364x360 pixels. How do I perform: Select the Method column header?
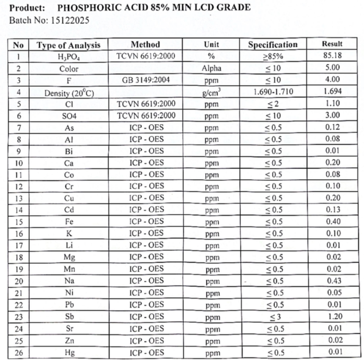point(145,44)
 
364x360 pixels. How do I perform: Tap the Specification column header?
point(273,44)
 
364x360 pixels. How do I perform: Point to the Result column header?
point(332,44)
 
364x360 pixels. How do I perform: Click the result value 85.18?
point(332,56)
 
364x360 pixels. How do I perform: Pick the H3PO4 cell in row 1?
point(68,57)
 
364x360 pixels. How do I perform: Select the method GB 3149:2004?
point(146,80)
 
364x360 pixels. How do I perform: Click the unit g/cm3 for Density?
point(211,92)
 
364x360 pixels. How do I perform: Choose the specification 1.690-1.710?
point(273,92)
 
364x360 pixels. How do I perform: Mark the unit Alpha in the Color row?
point(211,68)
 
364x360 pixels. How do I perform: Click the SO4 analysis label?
point(68,115)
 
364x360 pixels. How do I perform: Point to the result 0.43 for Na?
point(332,281)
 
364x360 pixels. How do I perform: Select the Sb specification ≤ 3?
point(273,317)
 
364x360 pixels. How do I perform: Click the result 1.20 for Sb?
point(332,316)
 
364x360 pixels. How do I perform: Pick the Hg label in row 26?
point(69,352)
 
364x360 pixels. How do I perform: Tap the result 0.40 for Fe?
point(332,222)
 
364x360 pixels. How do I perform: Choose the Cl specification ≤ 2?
point(273,104)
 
